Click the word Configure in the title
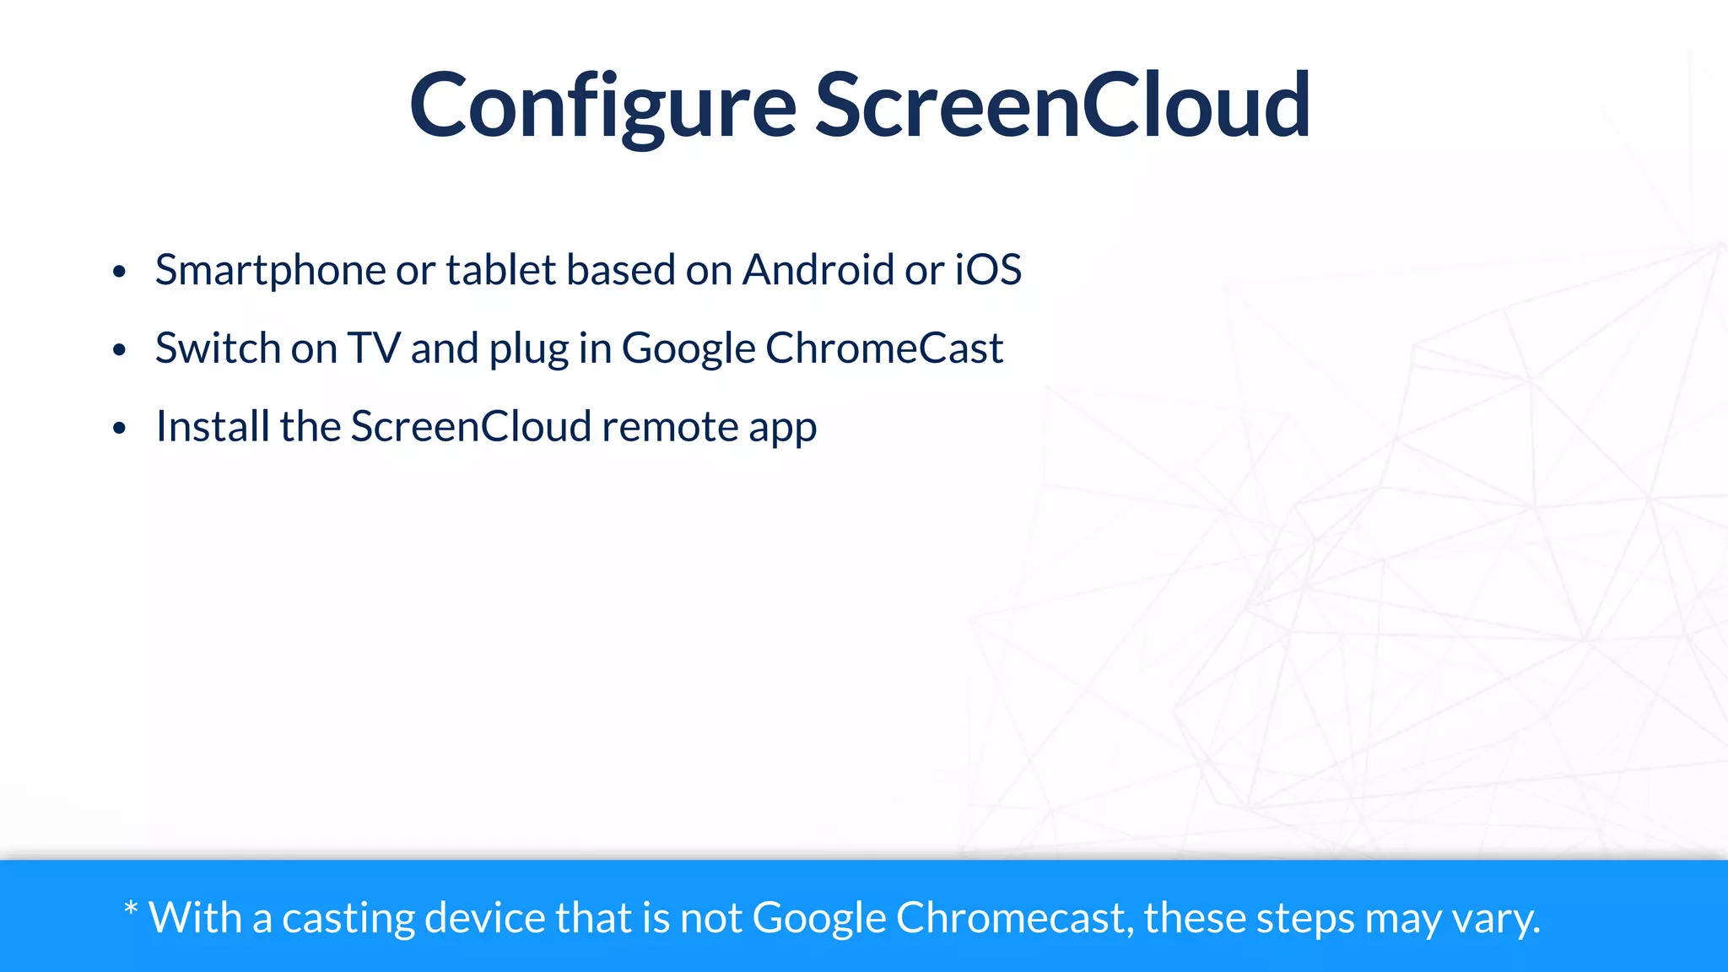(x=602, y=106)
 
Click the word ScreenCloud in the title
(x=1062, y=106)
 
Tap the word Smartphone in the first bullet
(x=270, y=271)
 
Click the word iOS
(x=988, y=270)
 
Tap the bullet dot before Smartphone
(x=119, y=273)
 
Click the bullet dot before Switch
(x=119, y=350)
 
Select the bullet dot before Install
(x=119, y=429)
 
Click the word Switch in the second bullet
(x=218, y=348)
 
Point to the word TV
(x=374, y=348)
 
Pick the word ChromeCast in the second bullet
(x=884, y=348)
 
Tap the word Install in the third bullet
(x=213, y=426)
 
